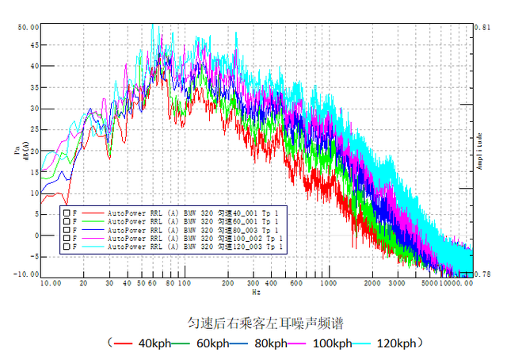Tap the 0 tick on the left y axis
[x=33, y=236]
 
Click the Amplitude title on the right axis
[x=480, y=151]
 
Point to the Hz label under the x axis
[x=256, y=293]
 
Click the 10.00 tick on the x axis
[x=51, y=283]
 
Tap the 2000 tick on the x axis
[x=372, y=283]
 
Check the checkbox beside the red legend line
[x=66, y=213]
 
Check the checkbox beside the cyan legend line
[x=66, y=248]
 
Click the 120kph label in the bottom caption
[x=396, y=343]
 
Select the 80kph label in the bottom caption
[x=272, y=343]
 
